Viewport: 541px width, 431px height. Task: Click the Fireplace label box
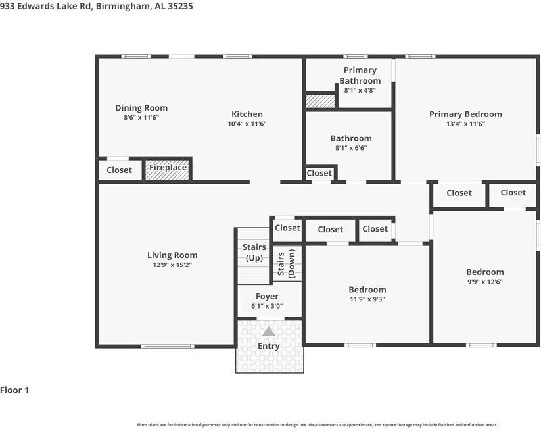coord(168,168)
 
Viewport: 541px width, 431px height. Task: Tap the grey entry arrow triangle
coord(269,332)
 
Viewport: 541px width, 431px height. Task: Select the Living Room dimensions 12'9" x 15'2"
coord(172,265)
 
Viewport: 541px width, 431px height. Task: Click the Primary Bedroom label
coord(465,114)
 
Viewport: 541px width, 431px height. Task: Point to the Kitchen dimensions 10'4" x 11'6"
coord(247,124)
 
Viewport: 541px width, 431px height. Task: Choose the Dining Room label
coord(141,108)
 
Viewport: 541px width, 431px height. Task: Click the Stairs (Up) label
coord(254,252)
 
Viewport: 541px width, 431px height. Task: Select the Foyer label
coord(267,297)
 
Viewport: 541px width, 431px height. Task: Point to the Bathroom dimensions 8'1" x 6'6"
coord(351,148)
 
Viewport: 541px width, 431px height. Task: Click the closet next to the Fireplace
coord(119,170)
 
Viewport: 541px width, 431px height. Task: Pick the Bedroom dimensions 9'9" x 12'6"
coord(485,282)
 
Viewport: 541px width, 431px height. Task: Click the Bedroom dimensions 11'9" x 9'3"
coord(367,299)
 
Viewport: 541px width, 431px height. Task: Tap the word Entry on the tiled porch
coord(269,346)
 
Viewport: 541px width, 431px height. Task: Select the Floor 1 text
coord(15,390)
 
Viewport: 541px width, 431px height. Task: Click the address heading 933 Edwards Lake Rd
coord(97,6)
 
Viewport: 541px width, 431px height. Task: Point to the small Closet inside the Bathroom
coord(319,173)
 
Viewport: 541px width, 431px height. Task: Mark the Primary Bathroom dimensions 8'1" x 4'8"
coord(360,91)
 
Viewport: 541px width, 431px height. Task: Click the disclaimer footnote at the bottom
coord(317,425)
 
